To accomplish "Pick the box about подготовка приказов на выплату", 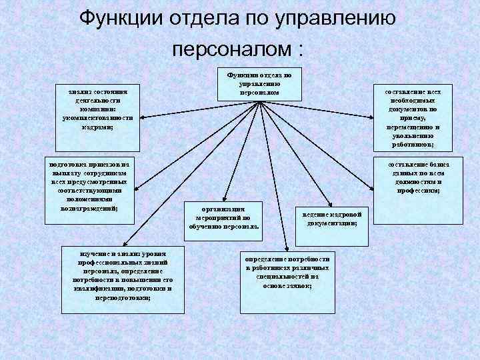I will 88,184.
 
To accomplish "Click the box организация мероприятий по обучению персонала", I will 224,217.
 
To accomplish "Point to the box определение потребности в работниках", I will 287,270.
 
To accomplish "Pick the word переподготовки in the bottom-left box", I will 122,298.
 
